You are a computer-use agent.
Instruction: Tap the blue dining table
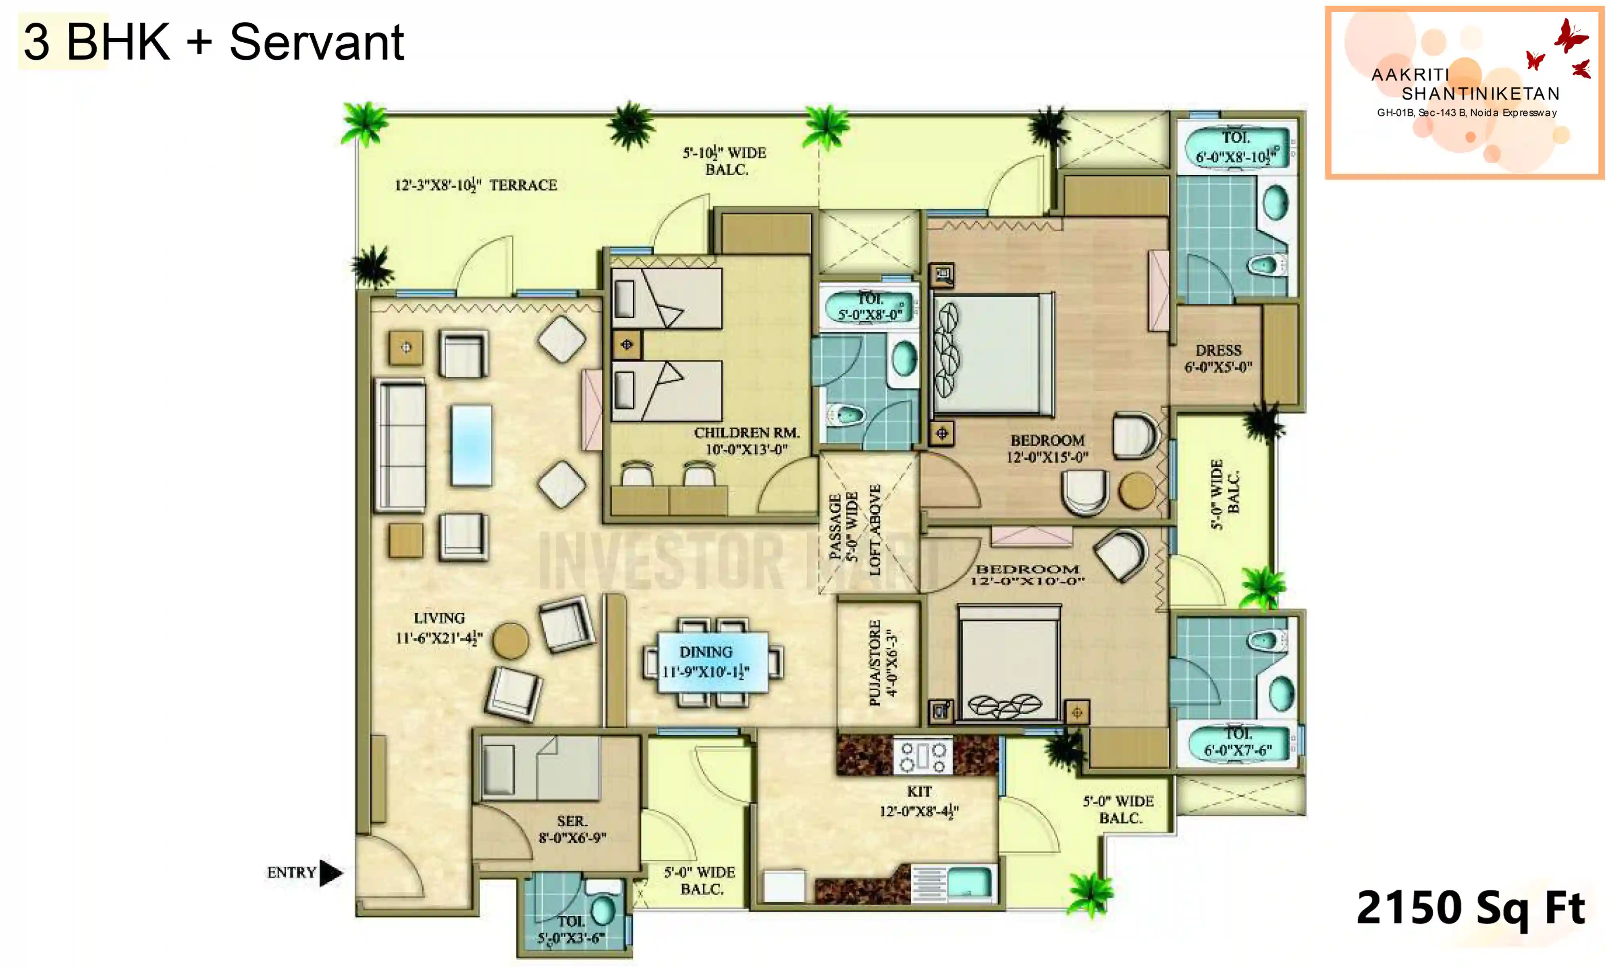[x=712, y=662]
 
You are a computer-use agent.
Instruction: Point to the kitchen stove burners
[x=922, y=757]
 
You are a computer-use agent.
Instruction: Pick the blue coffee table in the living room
[x=471, y=445]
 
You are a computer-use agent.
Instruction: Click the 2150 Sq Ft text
[x=1470, y=908]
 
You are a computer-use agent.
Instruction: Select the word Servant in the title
[x=317, y=42]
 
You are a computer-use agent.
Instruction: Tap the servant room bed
[x=540, y=769]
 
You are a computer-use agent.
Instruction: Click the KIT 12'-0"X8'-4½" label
[x=919, y=801]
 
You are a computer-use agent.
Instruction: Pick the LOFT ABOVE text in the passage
[x=875, y=529]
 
